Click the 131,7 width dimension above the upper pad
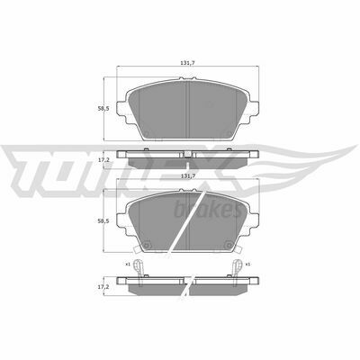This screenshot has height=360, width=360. tap(188, 63)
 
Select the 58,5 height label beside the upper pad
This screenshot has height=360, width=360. tap(103, 109)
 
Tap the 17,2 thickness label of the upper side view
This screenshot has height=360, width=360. tap(103, 160)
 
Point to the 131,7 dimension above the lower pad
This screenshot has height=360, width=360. tap(188, 176)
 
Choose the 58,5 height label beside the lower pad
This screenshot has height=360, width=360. tap(103, 220)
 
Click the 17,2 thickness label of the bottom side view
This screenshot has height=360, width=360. tap(103, 287)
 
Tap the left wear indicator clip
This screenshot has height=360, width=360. tap(138, 267)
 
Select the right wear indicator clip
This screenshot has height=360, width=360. tap(238, 267)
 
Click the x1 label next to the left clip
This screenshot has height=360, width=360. tap(128, 265)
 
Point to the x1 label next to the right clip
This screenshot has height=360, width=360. tap(247, 265)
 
